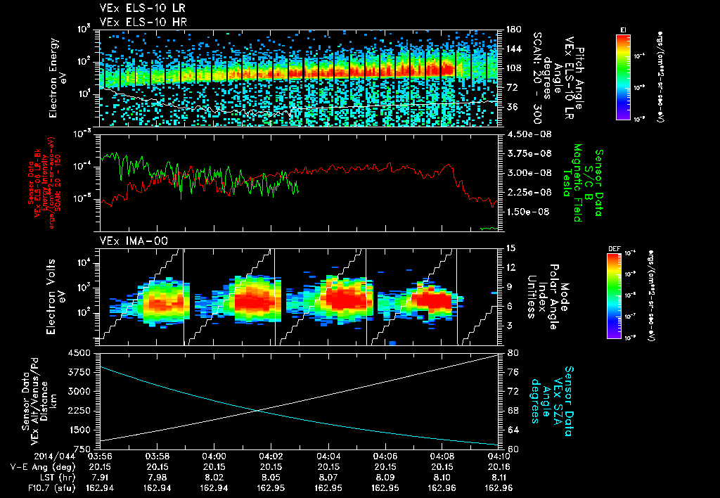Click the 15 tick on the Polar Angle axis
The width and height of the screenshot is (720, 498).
[x=508, y=248]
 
